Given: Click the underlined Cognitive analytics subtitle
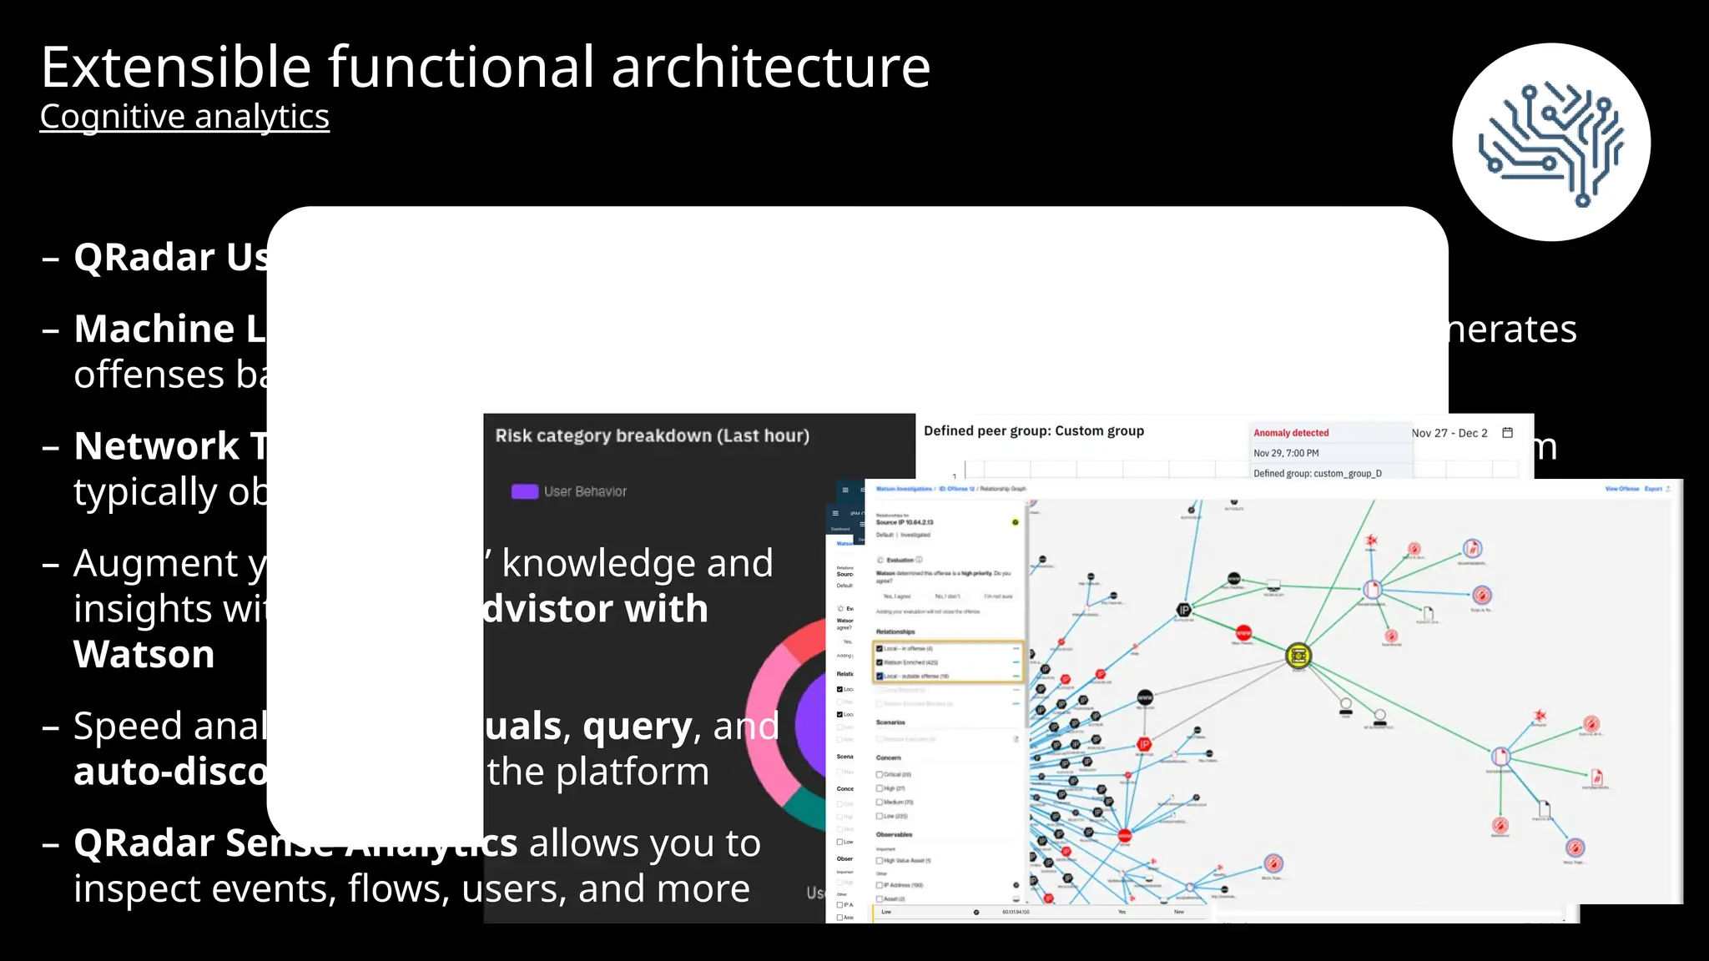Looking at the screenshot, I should coord(184,117).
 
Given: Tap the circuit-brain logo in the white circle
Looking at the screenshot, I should coord(1550,143).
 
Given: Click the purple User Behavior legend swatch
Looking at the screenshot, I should coord(524,491).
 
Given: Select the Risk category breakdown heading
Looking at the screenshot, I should coord(652,435).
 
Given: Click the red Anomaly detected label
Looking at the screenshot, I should coord(1290,433).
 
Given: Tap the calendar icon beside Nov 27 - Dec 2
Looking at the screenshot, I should coord(1507,432).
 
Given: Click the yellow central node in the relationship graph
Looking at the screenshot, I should coord(1298,656).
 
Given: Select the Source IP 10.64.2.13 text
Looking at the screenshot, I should coord(904,522).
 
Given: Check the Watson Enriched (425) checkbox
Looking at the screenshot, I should coord(880,662).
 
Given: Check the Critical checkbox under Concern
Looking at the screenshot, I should coord(880,774).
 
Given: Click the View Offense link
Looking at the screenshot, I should coord(1621,489).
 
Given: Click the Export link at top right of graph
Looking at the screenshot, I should coord(1653,489).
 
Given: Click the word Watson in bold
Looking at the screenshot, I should coord(144,654).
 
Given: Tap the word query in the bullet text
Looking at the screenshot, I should coord(638,726).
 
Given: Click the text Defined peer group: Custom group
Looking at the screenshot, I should coord(1033,431).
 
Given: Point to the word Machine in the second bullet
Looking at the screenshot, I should coord(154,329).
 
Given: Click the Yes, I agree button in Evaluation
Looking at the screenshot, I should coord(897,596).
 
